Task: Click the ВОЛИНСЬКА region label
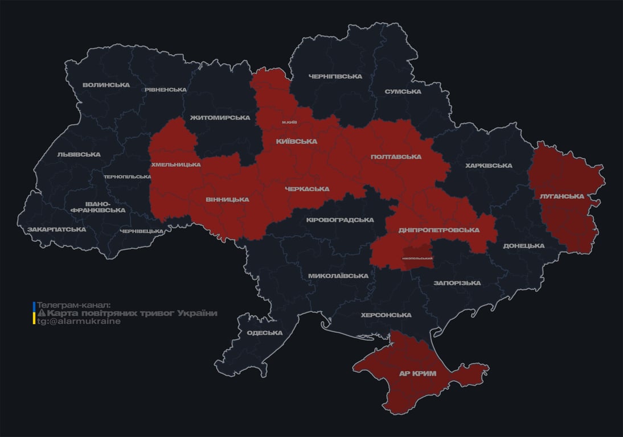(x=106, y=85)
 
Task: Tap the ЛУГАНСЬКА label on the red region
(x=561, y=196)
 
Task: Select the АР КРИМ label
(x=417, y=374)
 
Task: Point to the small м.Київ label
(x=290, y=122)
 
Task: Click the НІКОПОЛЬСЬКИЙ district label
(x=417, y=258)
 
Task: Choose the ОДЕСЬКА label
(x=265, y=333)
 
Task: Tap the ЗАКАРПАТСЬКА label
(x=57, y=229)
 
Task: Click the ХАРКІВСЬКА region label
(x=489, y=166)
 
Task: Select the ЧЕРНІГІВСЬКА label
(x=335, y=76)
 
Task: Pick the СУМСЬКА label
(x=403, y=91)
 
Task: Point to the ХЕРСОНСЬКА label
(x=386, y=315)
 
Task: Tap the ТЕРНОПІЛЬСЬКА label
(x=128, y=177)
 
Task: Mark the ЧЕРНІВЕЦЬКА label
(x=142, y=231)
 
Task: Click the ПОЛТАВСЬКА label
(x=396, y=156)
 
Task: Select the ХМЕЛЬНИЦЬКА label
(x=175, y=164)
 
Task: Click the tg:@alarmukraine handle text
(x=79, y=321)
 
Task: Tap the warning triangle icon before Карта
(x=41, y=314)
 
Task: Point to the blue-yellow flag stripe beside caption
(x=34, y=313)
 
